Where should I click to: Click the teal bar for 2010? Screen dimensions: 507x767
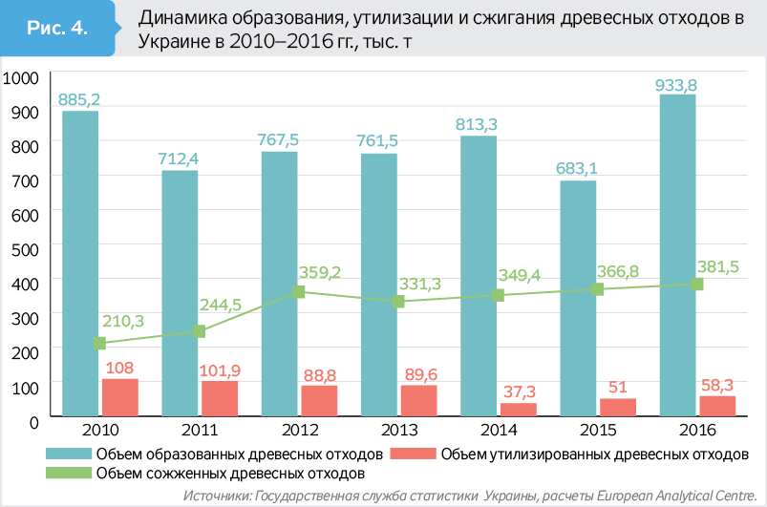tap(80, 263)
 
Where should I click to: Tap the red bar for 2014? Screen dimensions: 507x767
tap(518, 409)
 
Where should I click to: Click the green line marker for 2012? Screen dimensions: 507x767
tap(299, 291)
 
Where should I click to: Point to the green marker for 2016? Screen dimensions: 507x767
tap(697, 284)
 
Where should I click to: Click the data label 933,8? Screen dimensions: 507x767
tap(676, 85)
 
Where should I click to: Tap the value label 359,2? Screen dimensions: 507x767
tap(320, 272)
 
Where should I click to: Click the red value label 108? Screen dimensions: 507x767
tap(119, 368)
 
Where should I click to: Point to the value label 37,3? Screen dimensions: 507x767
tap(518, 391)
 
